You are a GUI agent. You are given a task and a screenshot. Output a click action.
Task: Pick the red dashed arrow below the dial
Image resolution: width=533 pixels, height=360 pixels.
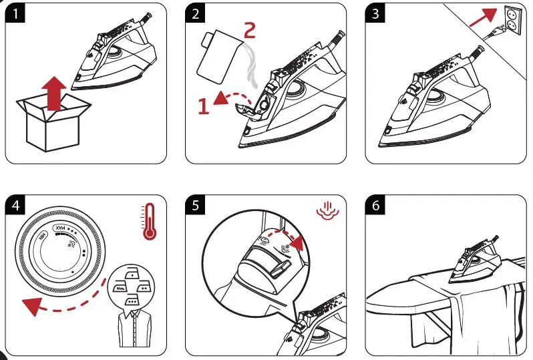pyautogui.click(x=67, y=304)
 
